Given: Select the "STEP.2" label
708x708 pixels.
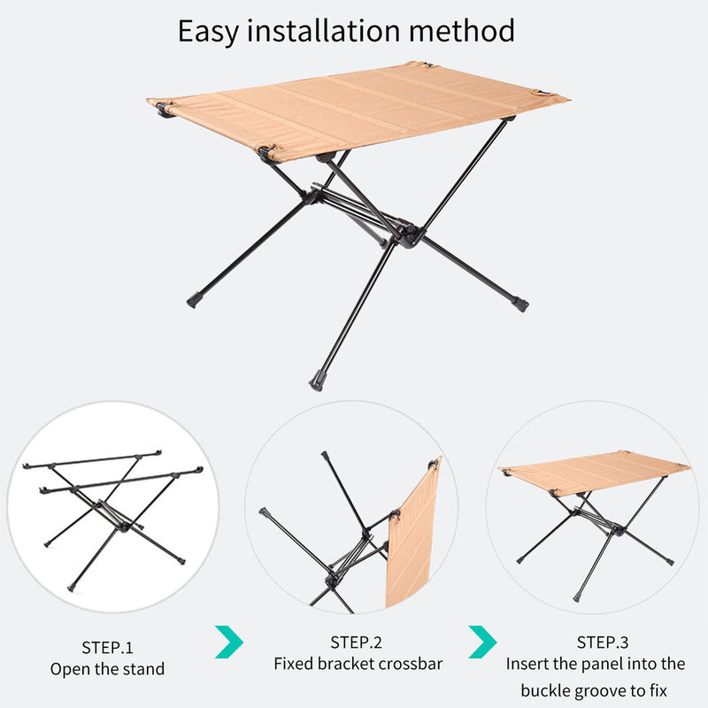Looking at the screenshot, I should (357, 642).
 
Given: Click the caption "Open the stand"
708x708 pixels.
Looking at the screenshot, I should (107, 669).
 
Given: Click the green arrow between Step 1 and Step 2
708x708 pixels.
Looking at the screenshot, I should (228, 642).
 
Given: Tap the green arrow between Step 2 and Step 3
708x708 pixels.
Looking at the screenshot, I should (482, 642).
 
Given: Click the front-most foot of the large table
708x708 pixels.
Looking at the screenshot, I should (316, 383).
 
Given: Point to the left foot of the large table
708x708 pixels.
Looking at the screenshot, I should (194, 301).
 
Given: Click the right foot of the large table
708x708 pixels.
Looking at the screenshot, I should (521, 304).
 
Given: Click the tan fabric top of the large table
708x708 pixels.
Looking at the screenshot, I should (354, 111).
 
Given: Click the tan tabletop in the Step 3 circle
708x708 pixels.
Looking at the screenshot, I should (593, 472).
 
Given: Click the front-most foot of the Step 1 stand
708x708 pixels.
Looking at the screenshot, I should (72, 588).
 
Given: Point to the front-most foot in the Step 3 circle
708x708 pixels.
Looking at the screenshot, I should (577, 598).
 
